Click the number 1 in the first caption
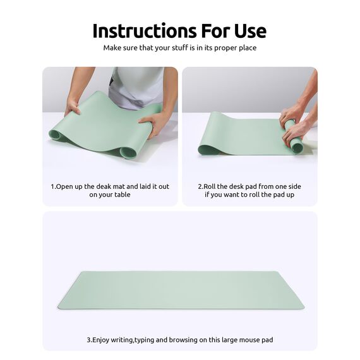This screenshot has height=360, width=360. [x=52, y=187]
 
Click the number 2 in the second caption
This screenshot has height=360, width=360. [x=200, y=187]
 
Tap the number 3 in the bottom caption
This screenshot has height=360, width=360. [x=88, y=340]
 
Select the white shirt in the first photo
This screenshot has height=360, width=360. [x=136, y=85]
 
